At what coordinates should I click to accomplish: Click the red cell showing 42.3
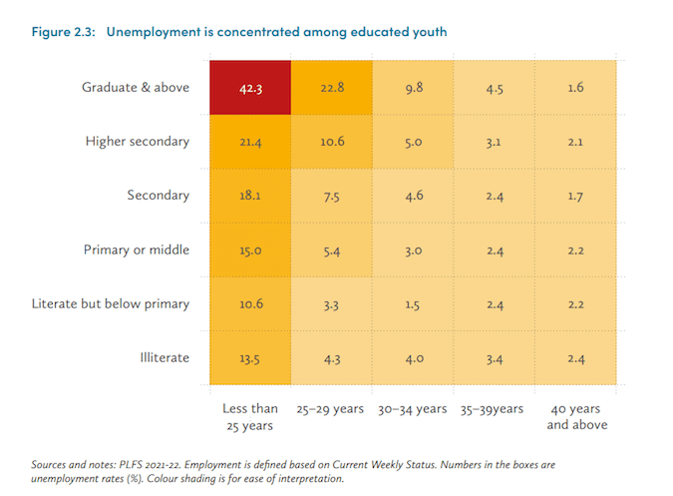pyautogui.click(x=250, y=87)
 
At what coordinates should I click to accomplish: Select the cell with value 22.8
pyautogui.click(x=332, y=87)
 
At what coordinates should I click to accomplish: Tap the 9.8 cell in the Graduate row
pyautogui.click(x=414, y=87)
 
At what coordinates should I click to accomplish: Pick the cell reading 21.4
pyautogui.click(x=250, y=142)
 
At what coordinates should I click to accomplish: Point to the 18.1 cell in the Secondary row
pyautogui.click(x=250, y=196)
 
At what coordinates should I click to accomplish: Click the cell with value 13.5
pyautogui.click(x=250, y=356)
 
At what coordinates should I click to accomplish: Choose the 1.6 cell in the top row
pyautogui.click(x=573, y=87)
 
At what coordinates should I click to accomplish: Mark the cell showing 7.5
pyautogui.click(x=332, y=196)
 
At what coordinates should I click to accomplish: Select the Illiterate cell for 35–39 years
pyautogui.click(x=495, y=356)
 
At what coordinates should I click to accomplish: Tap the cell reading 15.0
pyautogui.click(x=250, y=249)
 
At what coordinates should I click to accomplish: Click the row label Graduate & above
pyautogui.click(x=135, y=87)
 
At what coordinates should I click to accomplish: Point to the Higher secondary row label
pyautogui.click(x=137, y=142)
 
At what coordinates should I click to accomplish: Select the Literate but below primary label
pyautogui.click(x=110, y=303)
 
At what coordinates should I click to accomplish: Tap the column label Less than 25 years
pyautogui.click(x=250, y=416)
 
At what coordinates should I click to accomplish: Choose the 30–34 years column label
pyautogui.click(x=413, y=409)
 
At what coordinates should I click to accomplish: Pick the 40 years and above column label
pyautogui.click(x=573, y=416)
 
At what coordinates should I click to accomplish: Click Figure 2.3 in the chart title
pyautogui.click(x=63, y=32)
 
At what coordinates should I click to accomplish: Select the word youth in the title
pyautogui.click(x=426, y=32)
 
